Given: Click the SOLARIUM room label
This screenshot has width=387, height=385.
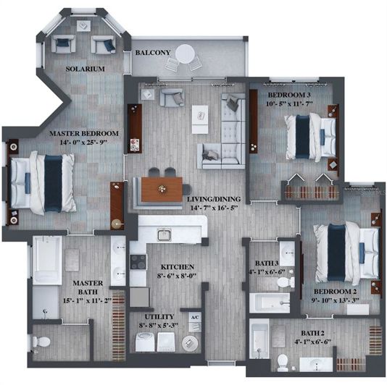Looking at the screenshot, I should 85,69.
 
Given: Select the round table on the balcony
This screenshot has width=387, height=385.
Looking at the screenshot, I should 186,54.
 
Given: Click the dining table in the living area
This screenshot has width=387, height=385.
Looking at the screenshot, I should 162,190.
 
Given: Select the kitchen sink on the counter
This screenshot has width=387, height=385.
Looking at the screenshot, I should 165,234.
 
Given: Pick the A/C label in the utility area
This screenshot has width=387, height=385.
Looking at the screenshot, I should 194,318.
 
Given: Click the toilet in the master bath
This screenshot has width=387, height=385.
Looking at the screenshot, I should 44,340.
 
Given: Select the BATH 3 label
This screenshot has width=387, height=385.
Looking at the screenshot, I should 267,263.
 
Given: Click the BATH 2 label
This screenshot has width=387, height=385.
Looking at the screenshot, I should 314,333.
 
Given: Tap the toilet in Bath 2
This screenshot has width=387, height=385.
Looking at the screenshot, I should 282,361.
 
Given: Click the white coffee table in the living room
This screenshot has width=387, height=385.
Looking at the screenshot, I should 200,119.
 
